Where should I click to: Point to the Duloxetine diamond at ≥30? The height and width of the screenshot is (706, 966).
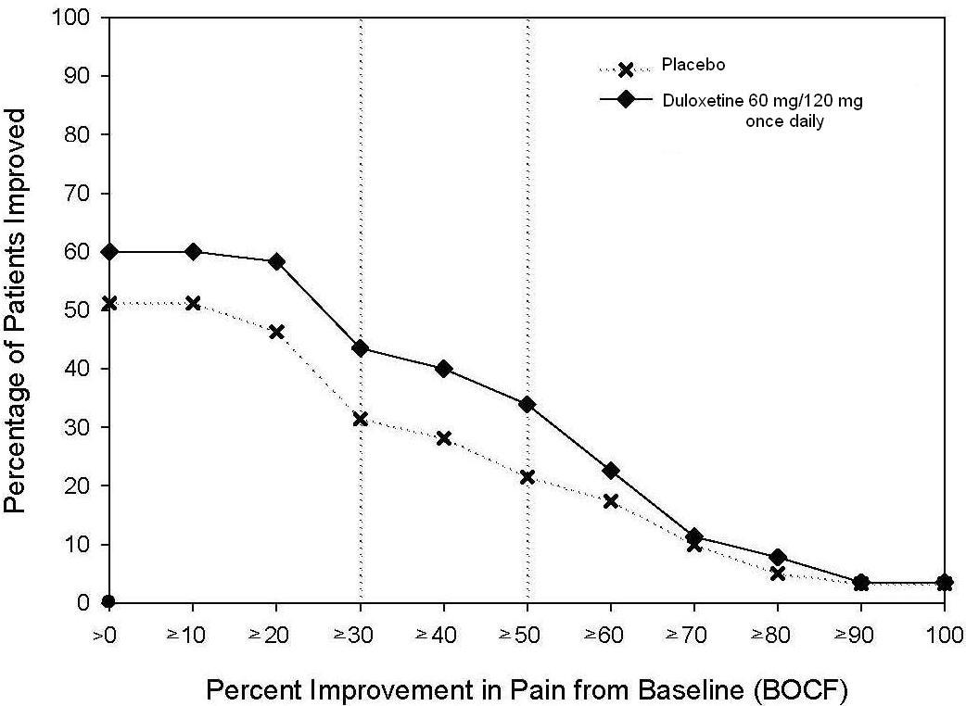tap(361, 348)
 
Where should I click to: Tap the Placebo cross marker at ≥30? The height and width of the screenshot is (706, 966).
tap(361, 419)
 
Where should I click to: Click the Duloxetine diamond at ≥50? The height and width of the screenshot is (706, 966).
tap(527, 404)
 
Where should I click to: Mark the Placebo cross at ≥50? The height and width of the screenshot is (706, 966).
tap(527, 477)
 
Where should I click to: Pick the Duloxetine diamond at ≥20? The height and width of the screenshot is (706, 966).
tap(276, 261)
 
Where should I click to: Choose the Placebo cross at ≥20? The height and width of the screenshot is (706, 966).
tap(276, 332)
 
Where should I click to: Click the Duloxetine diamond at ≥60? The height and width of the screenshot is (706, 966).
tap(611, 471)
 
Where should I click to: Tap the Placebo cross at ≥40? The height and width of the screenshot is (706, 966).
tap(443, 438)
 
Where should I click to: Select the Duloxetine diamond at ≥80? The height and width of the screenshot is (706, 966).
tap(778, 557)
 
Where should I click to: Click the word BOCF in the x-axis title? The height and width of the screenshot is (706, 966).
tap(796, 690)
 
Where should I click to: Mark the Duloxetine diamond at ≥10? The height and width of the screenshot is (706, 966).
tap(193, 252)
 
